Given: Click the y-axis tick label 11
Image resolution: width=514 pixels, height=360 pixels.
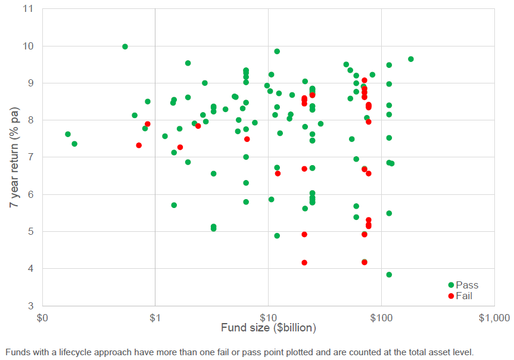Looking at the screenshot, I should pos(29,9).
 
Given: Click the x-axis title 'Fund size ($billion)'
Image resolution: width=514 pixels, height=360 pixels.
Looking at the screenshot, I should pos(268,328).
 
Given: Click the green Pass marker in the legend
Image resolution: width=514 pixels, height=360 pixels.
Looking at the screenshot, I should pos(451,285).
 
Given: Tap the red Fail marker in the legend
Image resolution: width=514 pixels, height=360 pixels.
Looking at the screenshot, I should pos(451,296).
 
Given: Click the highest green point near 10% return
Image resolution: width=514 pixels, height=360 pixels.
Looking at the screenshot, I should pos(125,46).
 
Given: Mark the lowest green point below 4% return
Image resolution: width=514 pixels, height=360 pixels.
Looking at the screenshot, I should pos(389,275).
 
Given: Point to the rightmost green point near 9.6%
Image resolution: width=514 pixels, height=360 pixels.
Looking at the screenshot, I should pos(411,59).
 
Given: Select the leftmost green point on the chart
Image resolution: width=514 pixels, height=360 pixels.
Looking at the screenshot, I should pos(68,134).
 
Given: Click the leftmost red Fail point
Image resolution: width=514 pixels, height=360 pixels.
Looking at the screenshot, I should pos(139,145).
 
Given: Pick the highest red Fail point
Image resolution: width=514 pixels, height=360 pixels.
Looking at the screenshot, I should pos(365,80).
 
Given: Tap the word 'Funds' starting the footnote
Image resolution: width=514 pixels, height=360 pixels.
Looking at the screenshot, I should pos(17,352).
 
